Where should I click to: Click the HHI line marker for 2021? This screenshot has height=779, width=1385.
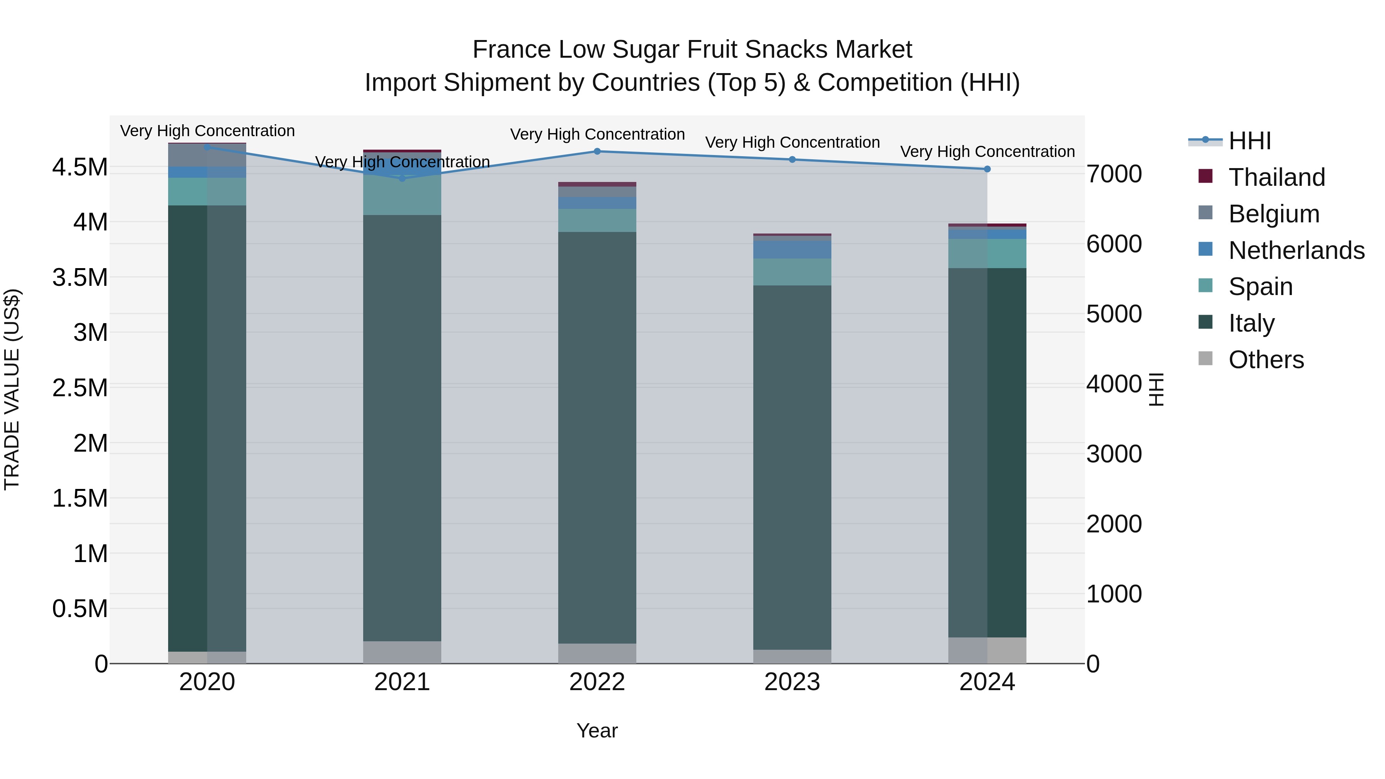pyautogui.click(x=402, y=178)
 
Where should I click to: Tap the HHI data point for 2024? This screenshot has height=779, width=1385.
pyautogui.click(x=987, y=169)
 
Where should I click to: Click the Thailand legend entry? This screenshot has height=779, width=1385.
pyautogui.click(x=1277, y=177)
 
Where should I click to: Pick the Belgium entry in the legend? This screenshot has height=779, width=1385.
pyautogui.click(x=1274, y=214)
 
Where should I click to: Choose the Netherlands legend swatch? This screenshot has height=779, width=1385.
pyautogui.click(x=1206, y=249)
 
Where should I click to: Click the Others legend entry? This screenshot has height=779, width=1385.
pyautogui.click(x=1266, y=360)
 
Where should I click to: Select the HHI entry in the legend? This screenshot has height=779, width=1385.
pyautogui.click(x=1250, y=141)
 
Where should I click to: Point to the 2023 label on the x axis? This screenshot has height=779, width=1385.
pyautogui.click(x=792, y=682)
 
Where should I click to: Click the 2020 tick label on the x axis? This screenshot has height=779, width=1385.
pyautogui.click(x=207, y=682)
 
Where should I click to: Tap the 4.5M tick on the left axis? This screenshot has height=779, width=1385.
pyautogui.click(x=80, y=167)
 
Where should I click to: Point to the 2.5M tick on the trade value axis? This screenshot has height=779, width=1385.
pyautogui.click(x=80, y=388)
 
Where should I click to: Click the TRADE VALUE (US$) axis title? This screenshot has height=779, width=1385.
pyautogui.click(x=12, y=389)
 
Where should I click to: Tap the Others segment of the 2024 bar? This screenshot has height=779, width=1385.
pyautogui.click(x=987, y=651)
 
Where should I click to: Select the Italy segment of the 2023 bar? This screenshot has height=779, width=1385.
pyautogui.click(x=792, y=468)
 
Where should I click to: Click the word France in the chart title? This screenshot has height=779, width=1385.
pyautogui.click(x=511, y=50)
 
